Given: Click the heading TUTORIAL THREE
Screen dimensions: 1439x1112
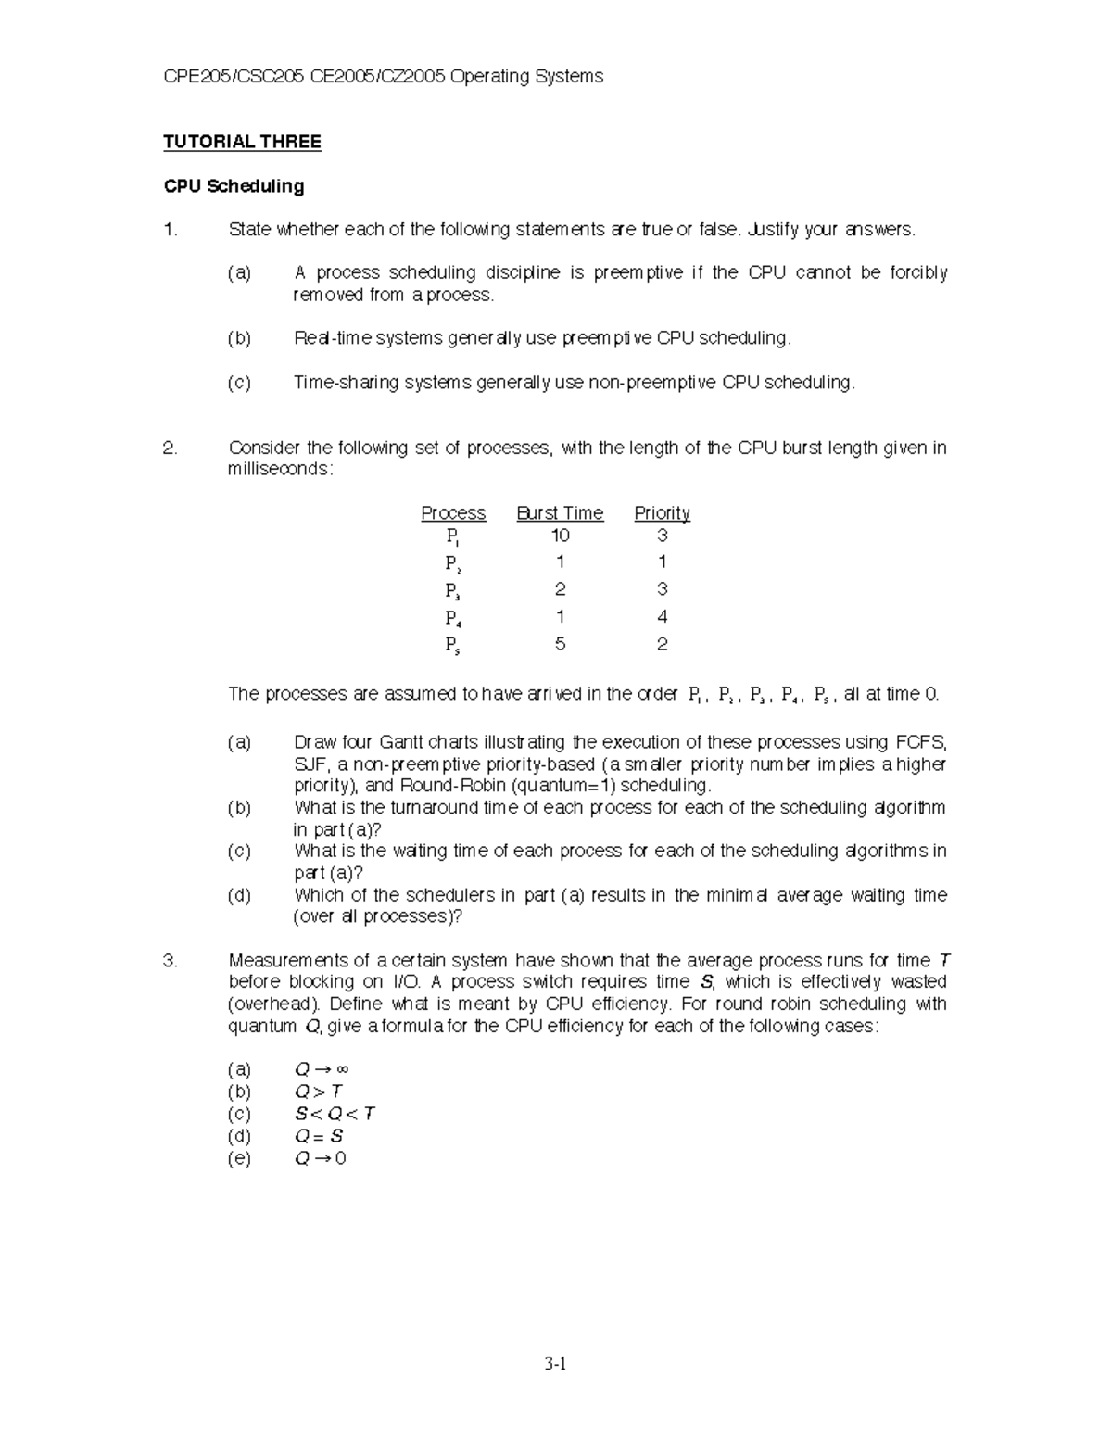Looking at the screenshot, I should [x=242, y=142].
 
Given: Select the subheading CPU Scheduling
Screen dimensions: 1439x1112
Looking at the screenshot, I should [x=234, y=186].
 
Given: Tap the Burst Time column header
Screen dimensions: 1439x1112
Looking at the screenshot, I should [x=560, y=513].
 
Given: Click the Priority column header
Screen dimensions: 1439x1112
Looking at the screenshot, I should [x=662, y=513].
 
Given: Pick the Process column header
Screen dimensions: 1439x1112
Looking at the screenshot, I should [x=453, y=513].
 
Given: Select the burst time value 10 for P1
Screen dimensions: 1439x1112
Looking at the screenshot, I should [x=560, y=536].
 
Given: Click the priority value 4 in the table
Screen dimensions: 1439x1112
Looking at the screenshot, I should [x=662, y=616].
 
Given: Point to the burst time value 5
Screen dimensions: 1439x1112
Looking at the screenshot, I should [x=560, y=643].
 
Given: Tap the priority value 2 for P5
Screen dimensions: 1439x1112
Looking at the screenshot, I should [x=662, y=643].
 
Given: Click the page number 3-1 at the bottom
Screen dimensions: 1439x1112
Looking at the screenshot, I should [x=556, y=1363].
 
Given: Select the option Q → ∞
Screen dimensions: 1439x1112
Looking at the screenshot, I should [x=321, y=1069].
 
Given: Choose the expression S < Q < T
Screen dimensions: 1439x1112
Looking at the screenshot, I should [x=335, y=1114].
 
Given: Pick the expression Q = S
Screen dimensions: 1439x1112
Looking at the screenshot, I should [x=319, y=1136].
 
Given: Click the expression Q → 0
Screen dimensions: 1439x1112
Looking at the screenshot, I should [x=320, y=1158].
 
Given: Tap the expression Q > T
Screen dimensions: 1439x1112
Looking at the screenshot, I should [x=319, y=1092].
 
